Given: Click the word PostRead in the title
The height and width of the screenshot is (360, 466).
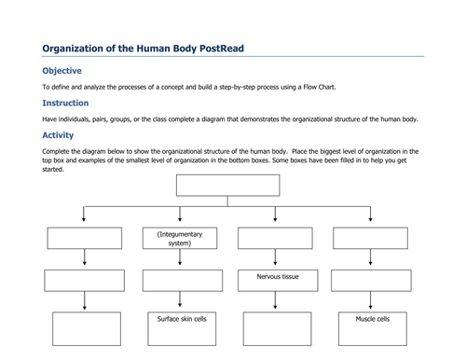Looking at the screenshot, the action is (222, 48).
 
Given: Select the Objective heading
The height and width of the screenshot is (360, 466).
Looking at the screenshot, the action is (62, 71).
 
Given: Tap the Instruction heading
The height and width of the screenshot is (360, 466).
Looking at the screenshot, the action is (65, 103).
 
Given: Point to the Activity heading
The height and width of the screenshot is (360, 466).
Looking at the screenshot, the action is (58, 135).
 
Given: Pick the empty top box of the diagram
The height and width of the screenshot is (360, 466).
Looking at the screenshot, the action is (227, 186).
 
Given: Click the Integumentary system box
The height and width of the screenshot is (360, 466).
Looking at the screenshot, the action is (180, 238).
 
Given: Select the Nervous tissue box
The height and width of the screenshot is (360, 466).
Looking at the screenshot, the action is (278, 281).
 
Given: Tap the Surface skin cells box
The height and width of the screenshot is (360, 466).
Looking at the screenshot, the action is (182, 328).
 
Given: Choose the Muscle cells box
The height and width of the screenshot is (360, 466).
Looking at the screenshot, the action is (373, 328).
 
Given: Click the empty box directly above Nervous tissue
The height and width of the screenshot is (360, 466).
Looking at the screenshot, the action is (275, 238).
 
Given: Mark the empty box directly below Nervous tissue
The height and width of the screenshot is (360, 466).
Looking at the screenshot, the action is (277, 328).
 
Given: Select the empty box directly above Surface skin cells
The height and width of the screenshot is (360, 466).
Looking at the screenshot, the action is (183, 281).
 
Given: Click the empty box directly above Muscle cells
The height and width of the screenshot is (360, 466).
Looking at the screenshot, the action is (371, 281).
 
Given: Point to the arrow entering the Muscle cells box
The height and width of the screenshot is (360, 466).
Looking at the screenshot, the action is (370, 300).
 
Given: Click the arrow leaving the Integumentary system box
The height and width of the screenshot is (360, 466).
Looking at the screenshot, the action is (180, 257).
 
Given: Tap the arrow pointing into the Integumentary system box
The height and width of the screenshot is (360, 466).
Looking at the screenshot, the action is (180, 214).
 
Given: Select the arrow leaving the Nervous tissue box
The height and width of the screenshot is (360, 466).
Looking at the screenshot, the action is (275, 300).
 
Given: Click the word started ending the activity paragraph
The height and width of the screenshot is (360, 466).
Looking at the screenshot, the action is (53, 170).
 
